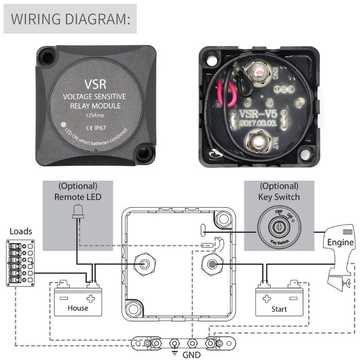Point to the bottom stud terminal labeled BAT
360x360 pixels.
[x=256, y=143]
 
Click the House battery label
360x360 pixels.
[x=78, y=308]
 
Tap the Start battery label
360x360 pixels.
[x=279, y=310]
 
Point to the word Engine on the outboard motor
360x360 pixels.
[x=340, y=242]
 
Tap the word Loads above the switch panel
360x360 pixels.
[x=21, y=231]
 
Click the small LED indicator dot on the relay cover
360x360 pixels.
[x=63, y=124]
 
